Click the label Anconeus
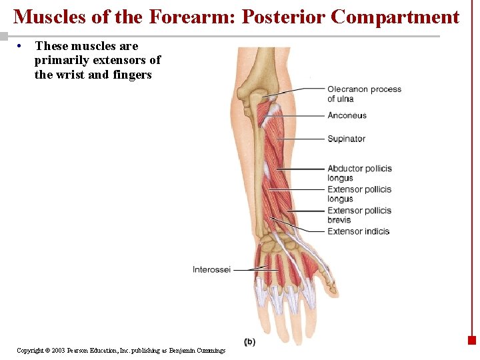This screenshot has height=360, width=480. (x=347, y=115)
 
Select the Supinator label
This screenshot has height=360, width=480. (x=346, y=139)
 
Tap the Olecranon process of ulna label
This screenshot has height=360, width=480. (x=364, y=94)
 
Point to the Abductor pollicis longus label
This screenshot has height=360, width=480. (x=359, y=173)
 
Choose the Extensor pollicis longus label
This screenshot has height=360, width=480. (x=359, y=194)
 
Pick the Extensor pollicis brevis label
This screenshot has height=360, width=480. (x=359, y=215)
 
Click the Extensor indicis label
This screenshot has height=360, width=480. (x=358, y=231)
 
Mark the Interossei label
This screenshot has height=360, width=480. (x=211, y=269)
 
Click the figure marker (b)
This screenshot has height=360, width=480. (x=249, y=342)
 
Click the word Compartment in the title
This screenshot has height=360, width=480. (x=395, y=17)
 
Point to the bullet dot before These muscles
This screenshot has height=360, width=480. (x=22, y=46)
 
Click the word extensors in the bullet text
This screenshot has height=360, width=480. (x=120, y=60)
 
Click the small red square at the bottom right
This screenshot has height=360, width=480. (x=471, y=340)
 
